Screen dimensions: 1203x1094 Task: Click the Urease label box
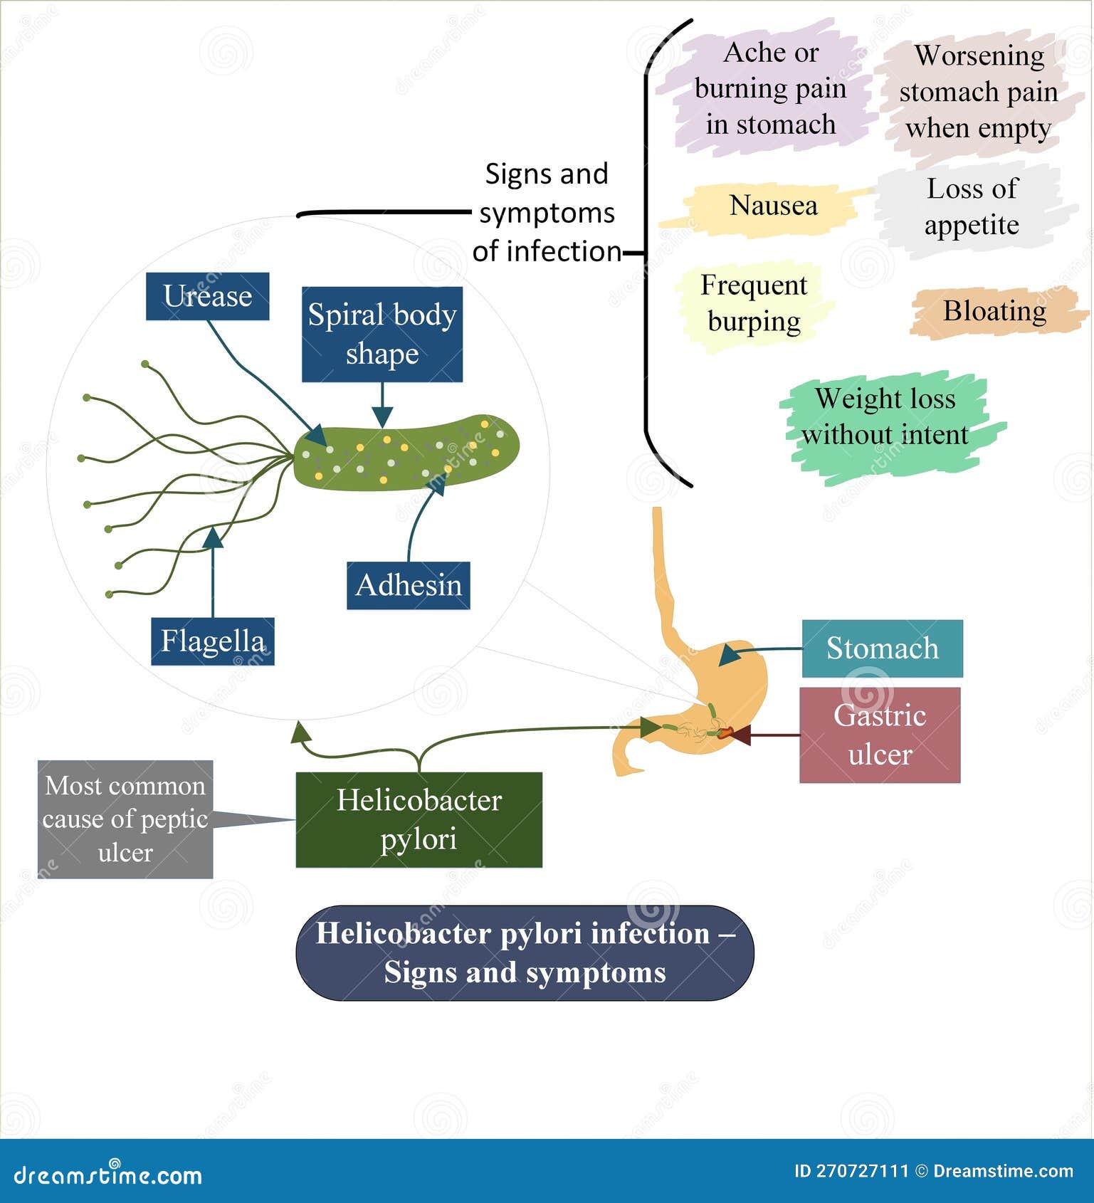coord(207,296)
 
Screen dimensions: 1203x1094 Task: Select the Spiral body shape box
coord(382,335)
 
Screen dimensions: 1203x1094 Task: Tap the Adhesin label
coord(408,585)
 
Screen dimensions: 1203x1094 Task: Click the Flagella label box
coord(212,641)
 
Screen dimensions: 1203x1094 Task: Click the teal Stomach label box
coord(882,648)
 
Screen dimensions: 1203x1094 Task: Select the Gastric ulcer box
coord(880,735)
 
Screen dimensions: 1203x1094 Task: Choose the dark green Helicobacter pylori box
coord(419,819)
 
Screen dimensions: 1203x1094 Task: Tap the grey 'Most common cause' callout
coord(125,819)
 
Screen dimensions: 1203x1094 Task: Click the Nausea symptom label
coord(773,206)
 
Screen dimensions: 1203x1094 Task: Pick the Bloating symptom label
coord(994,311)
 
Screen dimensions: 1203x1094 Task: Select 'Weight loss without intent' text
coord(885,416)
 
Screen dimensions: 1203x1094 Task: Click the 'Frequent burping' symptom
coord(754,303)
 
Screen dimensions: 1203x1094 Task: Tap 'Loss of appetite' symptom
coord(972,207)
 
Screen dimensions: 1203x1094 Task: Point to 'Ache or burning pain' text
coord(770,88)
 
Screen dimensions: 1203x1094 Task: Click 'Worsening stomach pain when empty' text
coord(978,92)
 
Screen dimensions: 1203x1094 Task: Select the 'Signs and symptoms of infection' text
coord(546,213)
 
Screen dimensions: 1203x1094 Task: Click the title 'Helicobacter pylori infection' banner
coord(525,952)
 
